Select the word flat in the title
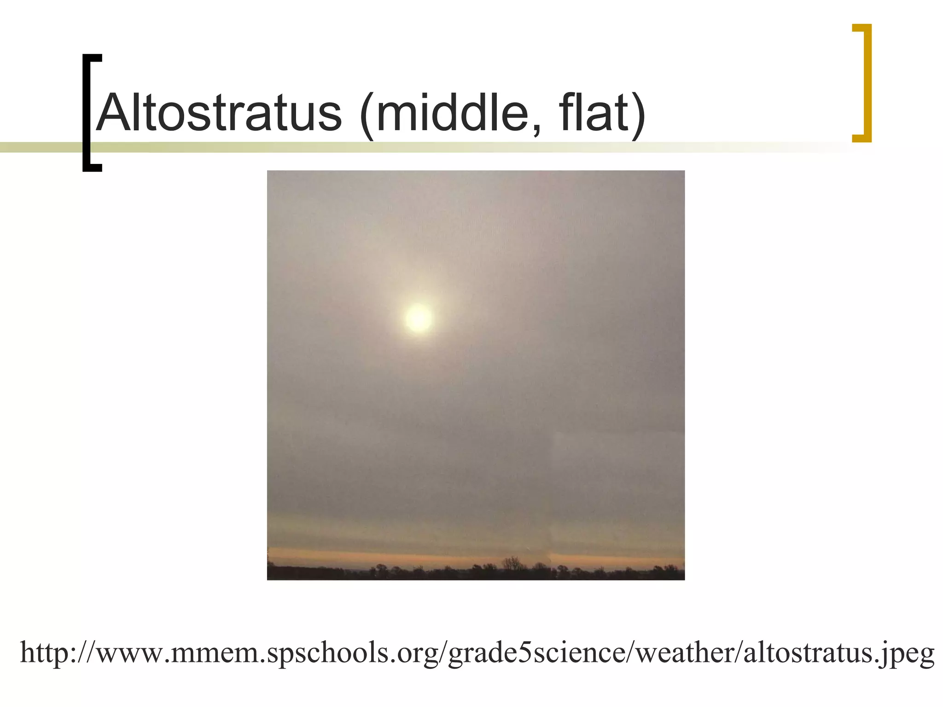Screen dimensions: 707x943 coord(591,113)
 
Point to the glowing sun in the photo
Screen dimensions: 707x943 coord(419,318)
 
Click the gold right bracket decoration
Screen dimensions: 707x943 coord(866,83)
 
